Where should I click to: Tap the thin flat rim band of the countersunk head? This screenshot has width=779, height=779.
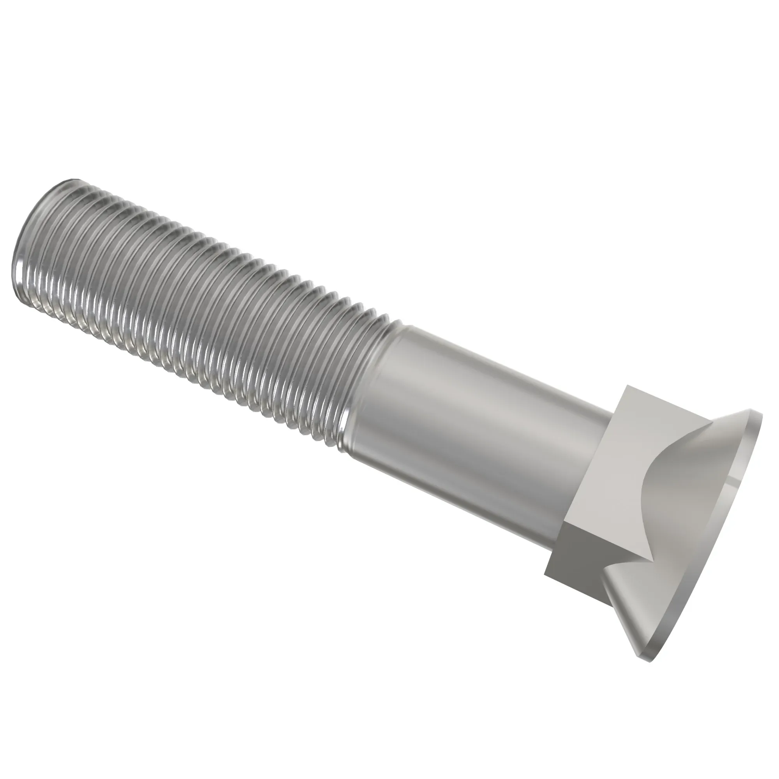(x=726, y=545)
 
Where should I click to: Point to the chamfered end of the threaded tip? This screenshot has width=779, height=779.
(x=20, y=242)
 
